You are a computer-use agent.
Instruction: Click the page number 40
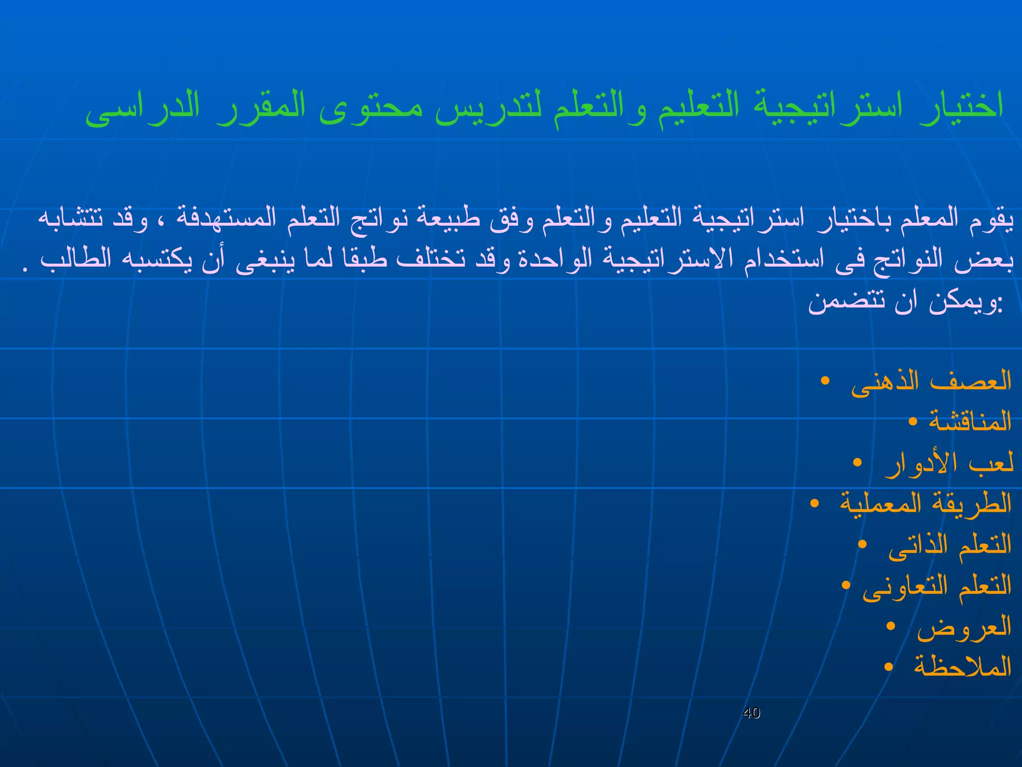click(x=751, y=713)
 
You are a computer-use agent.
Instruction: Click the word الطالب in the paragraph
click(x=75, y=259)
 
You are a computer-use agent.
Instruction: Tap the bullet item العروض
click(x=964, y=626)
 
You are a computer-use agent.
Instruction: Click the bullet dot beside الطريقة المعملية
click(x=814, y=503)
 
